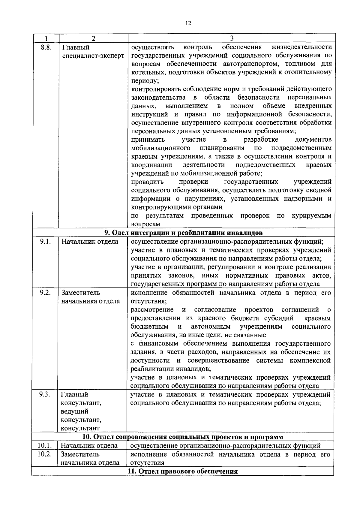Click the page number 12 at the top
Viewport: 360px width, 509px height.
(188, 24)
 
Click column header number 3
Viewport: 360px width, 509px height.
(232, 38)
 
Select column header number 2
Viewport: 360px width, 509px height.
(94, 38)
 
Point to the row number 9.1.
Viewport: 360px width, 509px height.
(45, 242)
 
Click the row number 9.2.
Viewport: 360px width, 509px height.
(45, 293)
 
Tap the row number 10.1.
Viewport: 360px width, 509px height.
(45, 445)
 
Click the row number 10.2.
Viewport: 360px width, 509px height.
(45, 454)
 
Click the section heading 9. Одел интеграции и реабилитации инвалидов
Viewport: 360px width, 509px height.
(183, 233)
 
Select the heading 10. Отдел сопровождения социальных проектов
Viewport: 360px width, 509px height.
(183, 437)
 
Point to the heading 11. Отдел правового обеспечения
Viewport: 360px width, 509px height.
(183, 471)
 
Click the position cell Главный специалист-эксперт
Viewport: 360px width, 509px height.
(93, 51)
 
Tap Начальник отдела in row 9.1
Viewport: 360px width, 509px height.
(90, 242)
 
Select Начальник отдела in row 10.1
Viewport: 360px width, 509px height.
(89, 446)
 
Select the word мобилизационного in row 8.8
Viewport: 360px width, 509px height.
(161, 148)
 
